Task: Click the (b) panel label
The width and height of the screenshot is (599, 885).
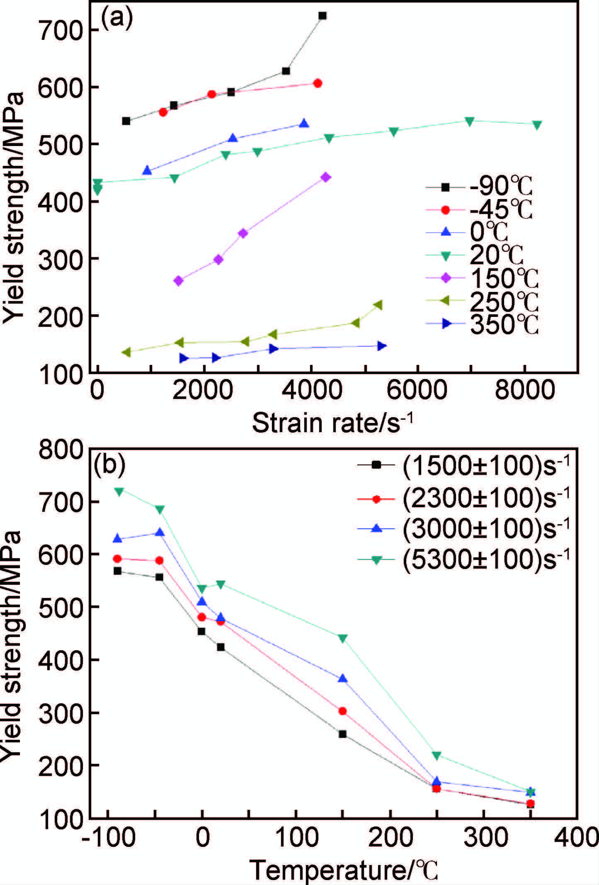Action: coord(109,465)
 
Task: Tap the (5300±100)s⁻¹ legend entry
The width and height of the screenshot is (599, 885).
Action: coord(464,560)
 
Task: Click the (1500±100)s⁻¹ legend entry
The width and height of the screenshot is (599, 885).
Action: coord(464,466)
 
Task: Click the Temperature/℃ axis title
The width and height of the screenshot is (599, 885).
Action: coord(344,869)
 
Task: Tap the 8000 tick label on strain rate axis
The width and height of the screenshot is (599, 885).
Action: coord(524,390)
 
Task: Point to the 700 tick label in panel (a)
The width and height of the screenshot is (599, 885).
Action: coord(61,30)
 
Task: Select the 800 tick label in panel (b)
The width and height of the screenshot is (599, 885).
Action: coord(61,449)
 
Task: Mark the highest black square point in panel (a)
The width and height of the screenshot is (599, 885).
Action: coord(322,16)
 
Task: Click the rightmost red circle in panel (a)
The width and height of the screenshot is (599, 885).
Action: coord(318,83)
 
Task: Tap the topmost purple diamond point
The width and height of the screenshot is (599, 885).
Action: coord(326,177)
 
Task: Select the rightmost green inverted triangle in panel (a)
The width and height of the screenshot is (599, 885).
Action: coord(537,125)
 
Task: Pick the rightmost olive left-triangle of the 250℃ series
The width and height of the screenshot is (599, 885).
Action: coord(378,305)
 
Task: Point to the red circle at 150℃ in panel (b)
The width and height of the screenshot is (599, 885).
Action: coord(342,711)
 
